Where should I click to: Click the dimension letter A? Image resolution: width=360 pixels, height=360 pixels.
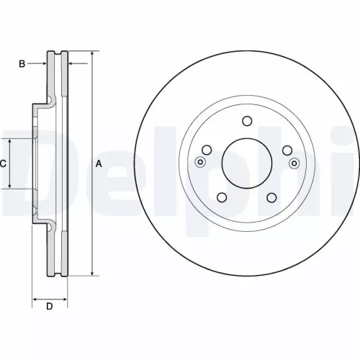pos(99,164)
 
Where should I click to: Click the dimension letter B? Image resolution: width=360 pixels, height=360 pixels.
pos(22,64)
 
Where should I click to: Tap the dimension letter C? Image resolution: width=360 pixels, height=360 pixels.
pos(3,163)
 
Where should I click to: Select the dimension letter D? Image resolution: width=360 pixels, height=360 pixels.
pos(50,307)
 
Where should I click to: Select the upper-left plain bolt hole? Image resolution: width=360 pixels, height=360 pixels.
pos(207,150)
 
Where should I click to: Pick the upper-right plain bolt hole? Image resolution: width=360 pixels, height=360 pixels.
pos(286,150)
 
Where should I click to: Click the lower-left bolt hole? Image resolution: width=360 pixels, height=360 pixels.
pos(222,197)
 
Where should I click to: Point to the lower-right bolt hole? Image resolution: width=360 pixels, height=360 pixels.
pos(271,197)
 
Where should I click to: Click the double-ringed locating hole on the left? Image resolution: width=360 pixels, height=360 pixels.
pos(200,162)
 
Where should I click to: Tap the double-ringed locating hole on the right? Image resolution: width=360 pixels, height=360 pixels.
pos(293,162)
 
